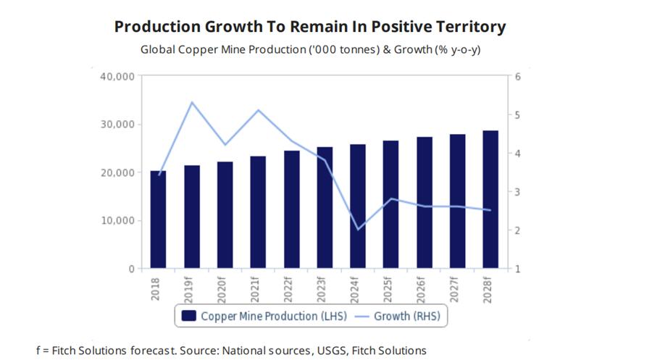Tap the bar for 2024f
358,206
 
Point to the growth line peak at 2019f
191,102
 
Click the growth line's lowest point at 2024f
358,230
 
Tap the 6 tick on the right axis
518,76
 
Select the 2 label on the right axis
518,230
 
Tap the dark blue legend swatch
189,316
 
